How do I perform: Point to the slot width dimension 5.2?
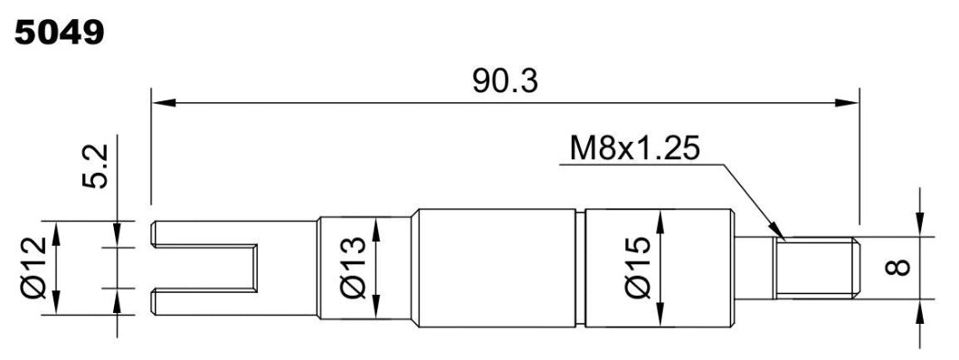(x=98, y=164)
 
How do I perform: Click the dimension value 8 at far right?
(x=898, y=267)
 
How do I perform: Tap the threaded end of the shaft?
(x=814, y=267)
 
